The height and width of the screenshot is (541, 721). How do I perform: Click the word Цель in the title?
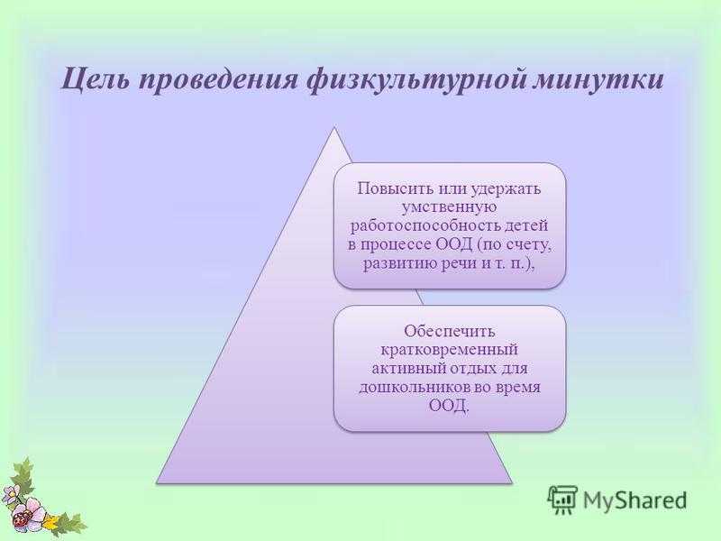pos(94,79)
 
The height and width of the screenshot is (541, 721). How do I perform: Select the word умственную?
pos(449,207)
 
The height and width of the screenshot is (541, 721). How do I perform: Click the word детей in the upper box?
pos(528,226)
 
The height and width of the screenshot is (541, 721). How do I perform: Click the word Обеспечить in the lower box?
pos(449,331)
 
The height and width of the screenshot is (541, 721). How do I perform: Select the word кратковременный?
pos(449,350)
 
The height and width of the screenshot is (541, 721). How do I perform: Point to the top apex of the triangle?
pos(334,127)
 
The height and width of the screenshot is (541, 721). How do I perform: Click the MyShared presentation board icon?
pos(562,500)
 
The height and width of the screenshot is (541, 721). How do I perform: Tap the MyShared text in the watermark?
pos(635,500)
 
